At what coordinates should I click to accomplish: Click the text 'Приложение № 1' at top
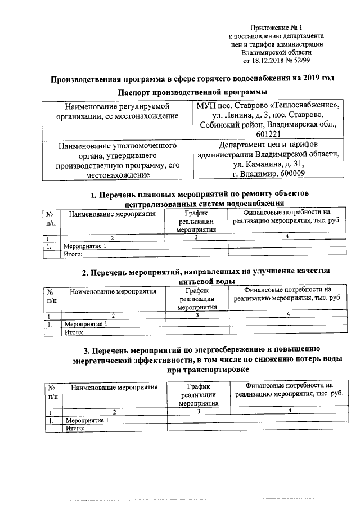click(x=280, y=28)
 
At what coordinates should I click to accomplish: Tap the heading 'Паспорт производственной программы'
click(x=192, y=92)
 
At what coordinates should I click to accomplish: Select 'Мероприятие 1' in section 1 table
click(x=84, y=246)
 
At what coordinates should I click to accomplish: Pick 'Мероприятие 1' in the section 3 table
click(x=87, y=420)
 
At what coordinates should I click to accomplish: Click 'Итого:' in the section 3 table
click(x=75, y=428)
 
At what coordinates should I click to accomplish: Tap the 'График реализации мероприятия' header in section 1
click(x=196, y=221)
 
